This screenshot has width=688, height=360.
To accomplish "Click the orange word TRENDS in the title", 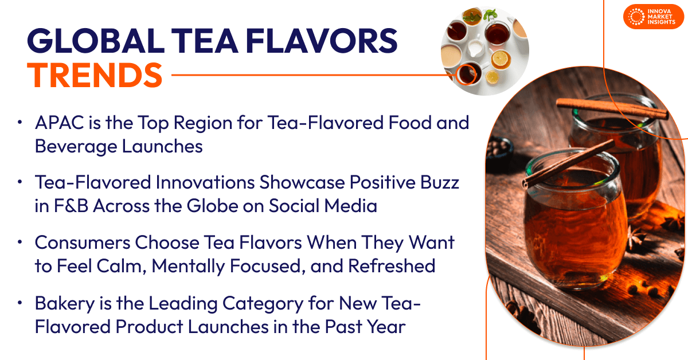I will click(x=95, y=74).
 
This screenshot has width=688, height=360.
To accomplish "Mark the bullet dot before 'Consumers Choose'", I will click(x=21, y=242).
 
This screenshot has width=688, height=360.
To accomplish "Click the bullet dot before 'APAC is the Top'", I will click(x=21, y=123).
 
